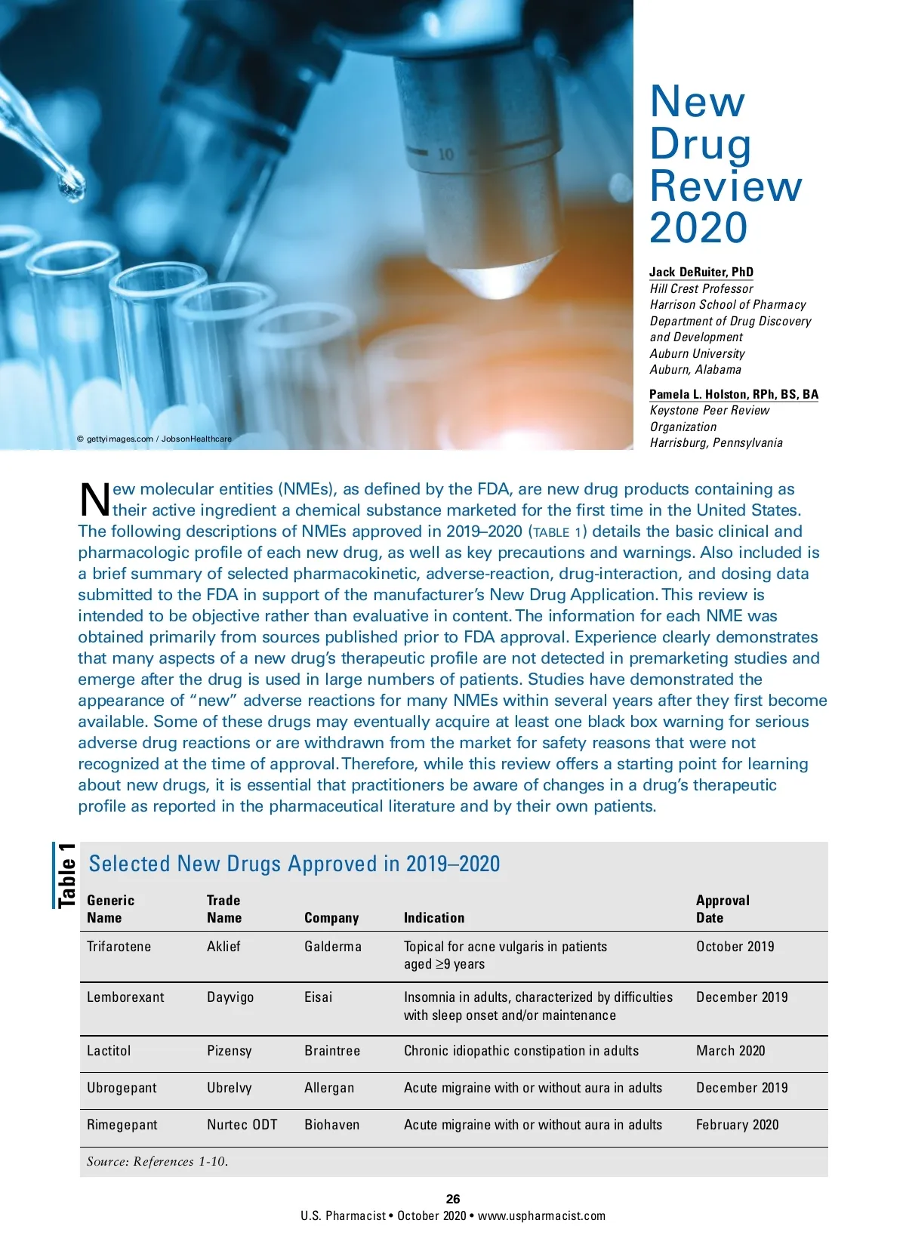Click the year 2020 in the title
(x=698, y=228)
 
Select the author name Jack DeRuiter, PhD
(x=701, y=272)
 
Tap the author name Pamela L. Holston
(x=733, y=394)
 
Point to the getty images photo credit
(x=154, y=439)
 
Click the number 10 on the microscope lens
(x=446, y=155)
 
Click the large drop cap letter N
(x=94, y=500)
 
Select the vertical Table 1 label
(x=66, y=875)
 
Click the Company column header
(x=331, y=918)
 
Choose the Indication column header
(x=434, y=918)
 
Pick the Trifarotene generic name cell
(x=119, y=947)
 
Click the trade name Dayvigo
(x=230, y=997)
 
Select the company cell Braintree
(x=332, y=1051)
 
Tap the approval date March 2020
(x=730, y=1051)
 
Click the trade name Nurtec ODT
(x=242, y=1125)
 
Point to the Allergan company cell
(x=329, y=1088)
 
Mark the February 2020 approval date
(x=737, y=1125)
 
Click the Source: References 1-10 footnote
(x=157, y=1162)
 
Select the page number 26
(x=453, y=1199)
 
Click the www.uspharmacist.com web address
(x=541, y=1216)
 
